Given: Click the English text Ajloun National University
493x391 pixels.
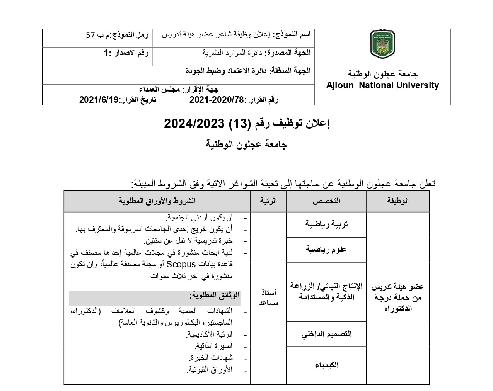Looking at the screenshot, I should (x=382, y=85).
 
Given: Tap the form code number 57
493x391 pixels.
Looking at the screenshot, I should (x=90, y=35).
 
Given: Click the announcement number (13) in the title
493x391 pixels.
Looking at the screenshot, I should (x=239, y=124).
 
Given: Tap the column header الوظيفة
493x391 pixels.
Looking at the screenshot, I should (x=397, y=201).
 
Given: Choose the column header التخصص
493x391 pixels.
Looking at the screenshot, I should (x=326, y=201).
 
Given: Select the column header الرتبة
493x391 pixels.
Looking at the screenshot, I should (x=268, y=201).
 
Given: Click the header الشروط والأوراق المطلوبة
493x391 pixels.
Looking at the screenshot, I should (x=157, y=201).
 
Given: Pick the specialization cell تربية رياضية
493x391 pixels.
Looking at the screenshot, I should (x=326, y=224).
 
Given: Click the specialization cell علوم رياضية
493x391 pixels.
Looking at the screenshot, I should (x=326, y=249).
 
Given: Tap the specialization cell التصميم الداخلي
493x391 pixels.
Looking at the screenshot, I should (x=326, y=334).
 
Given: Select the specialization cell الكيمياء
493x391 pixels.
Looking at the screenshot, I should (x=326, y=365).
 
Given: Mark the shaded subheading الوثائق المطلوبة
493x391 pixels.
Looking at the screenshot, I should (x=214, y=296).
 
